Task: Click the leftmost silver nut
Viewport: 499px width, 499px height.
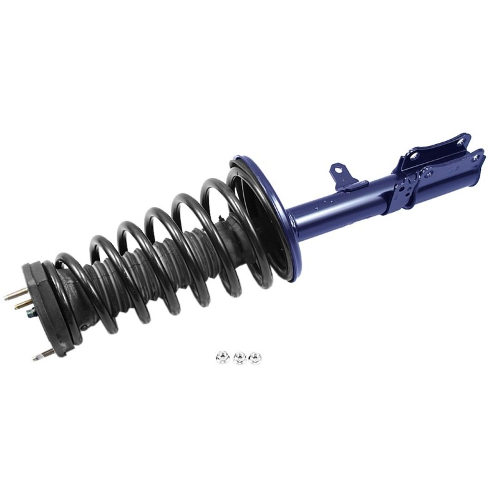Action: (221, 357)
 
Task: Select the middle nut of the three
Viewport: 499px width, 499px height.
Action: (238, 358)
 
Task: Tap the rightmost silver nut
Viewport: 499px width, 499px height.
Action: (254, 357)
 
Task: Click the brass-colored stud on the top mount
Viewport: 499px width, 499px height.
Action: (24, 305)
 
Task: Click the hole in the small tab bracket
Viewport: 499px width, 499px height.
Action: (337, 168)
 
